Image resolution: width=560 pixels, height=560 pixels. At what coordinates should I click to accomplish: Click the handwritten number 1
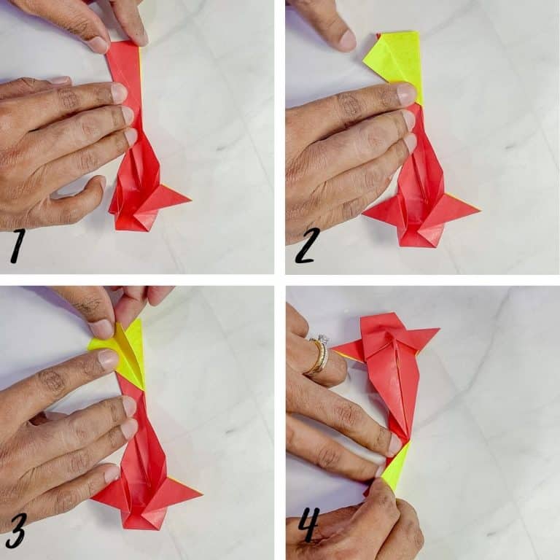pos(17,246)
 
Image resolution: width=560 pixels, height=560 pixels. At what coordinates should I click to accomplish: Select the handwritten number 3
pos(17,531)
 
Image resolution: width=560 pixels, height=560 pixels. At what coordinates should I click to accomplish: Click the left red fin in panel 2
pos(382,211)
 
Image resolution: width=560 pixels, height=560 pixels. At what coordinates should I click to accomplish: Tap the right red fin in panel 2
pos(457,209)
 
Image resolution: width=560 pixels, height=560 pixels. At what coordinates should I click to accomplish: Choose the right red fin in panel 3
pos(179,493)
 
